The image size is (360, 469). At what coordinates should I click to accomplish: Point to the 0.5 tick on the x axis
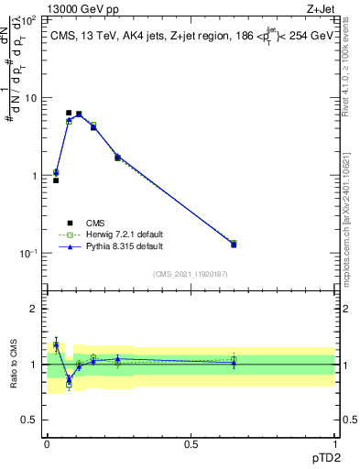[x=191, y=443]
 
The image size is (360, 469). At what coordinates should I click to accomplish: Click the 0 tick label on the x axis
[x=47, y=443]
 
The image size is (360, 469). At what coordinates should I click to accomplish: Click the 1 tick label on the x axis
[x=334, y=443]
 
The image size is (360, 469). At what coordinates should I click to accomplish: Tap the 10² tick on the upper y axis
[x=29, y=19]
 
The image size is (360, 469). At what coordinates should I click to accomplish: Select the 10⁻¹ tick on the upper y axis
[x=27, y=253]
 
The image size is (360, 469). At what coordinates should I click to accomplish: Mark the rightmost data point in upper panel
[x=234, y=244]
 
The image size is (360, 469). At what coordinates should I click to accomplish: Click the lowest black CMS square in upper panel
[x=56, y=180]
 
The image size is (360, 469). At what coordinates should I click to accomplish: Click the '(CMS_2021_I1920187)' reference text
[x=191, y=274]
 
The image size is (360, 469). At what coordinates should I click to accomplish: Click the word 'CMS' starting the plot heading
[x=64, y=34]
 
